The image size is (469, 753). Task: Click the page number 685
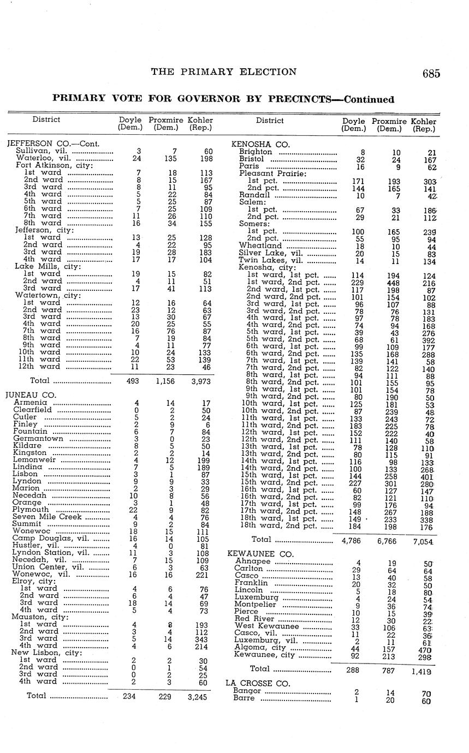[x=430, y=74]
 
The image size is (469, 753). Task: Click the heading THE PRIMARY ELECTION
[x=224, y=71]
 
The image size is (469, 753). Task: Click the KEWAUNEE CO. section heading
[x=253, y=554]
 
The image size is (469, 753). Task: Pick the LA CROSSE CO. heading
[x=250, y=683]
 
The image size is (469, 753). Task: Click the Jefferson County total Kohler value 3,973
[x=200, y=381]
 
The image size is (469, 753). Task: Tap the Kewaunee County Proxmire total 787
[x=388, y=670]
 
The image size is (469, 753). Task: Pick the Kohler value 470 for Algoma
[x=424, y=650]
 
